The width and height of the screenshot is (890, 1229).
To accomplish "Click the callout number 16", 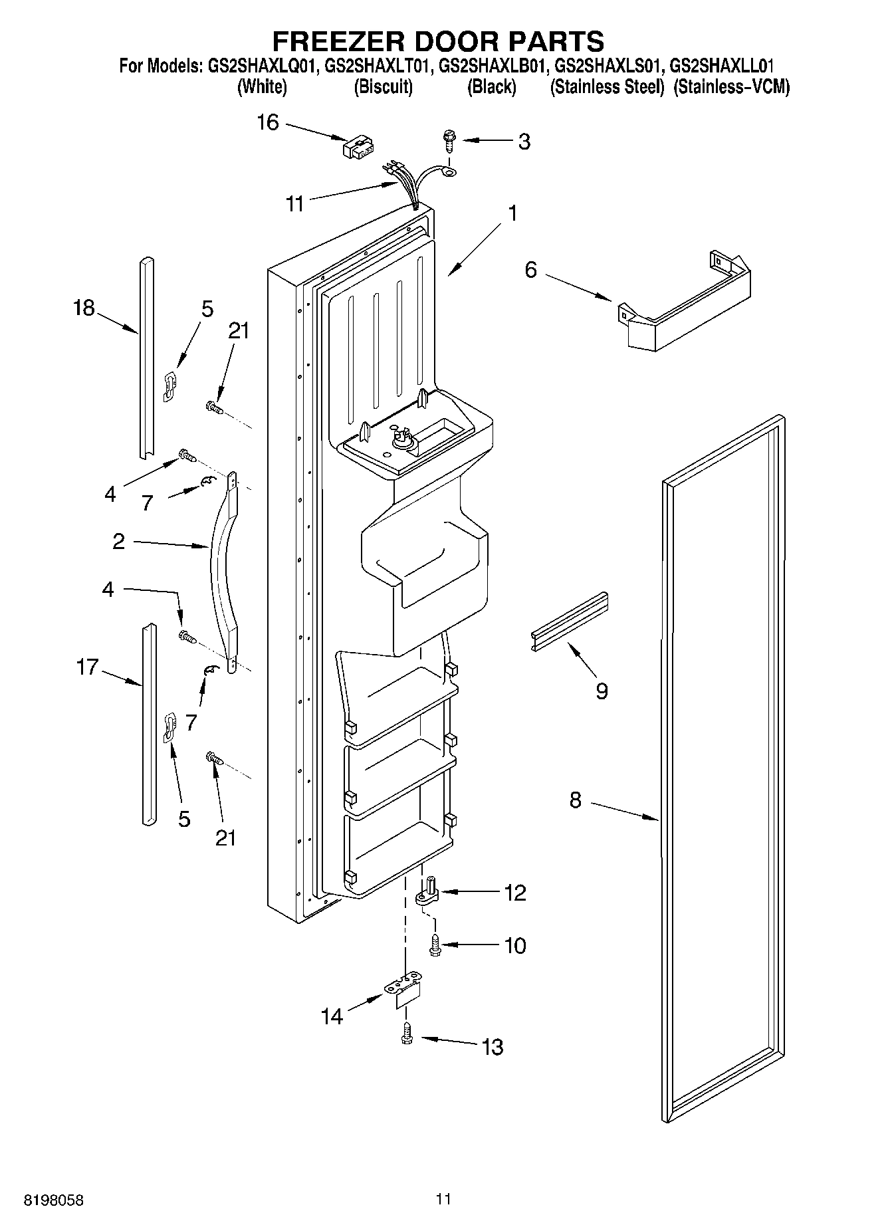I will [x=268, y=123].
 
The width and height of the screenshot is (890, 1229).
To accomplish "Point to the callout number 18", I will [x=84, y=308].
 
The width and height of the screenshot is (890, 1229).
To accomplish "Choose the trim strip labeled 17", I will [x=148, y=725].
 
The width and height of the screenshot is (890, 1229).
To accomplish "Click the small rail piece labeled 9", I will [x=570, y=620].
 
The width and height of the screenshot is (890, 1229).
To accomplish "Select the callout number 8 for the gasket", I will [x=575, y=800].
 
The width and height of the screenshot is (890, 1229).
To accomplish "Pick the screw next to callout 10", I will [x=435, y=945].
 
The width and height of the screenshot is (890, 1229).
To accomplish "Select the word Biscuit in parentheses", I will [x=384, y=87].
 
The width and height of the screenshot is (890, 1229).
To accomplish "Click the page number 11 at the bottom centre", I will [x=444, y=1199].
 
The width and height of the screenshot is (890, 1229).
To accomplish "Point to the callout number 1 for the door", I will [x=512, y=214].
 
